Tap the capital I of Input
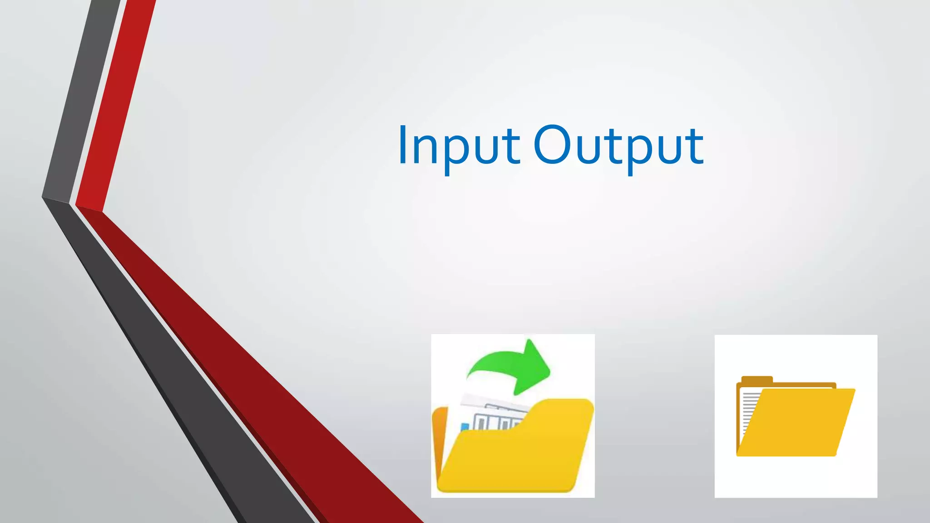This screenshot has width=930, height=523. [x=402, y=144]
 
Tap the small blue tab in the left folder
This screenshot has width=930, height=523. [x=465, y=427]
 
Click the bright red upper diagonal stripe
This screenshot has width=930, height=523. [x=118, y=104]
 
